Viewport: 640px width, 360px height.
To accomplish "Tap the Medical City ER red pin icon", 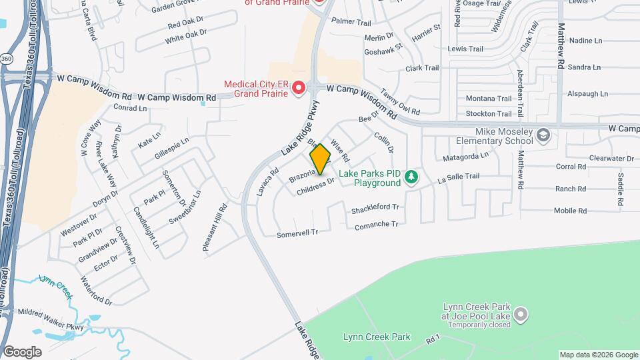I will pos(298,87).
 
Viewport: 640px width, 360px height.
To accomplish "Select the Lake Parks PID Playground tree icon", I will pos(412,177).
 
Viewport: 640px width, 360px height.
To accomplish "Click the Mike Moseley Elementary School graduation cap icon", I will pos(543,136).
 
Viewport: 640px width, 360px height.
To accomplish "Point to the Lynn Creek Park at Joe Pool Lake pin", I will pos(521,313).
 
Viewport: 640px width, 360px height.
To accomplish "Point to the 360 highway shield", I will pos(6,59).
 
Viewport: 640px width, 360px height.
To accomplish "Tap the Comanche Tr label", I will pos(377,225).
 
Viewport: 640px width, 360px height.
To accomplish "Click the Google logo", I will pos(22,351).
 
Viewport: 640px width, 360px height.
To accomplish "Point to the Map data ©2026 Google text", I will pos(598,355).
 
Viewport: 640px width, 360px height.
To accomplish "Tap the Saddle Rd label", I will pos(620,189).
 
